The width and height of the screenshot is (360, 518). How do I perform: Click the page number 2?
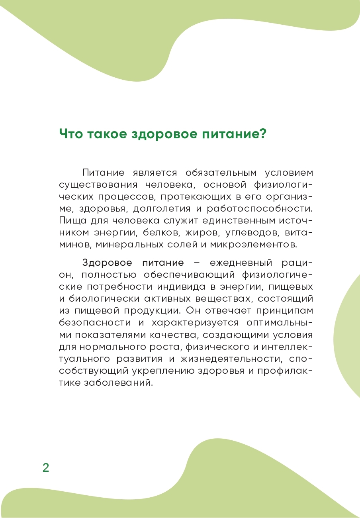pos(46,467)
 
